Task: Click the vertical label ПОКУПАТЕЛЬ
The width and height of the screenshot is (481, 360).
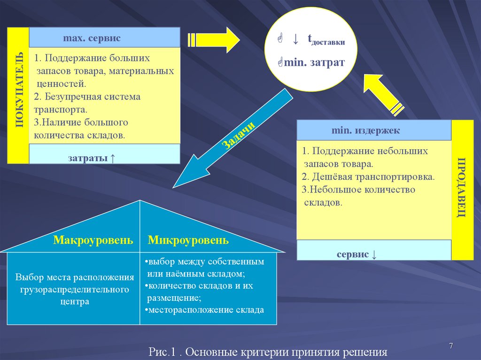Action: tap(18, 95)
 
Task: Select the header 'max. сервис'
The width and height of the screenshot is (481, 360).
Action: tap(92, 37)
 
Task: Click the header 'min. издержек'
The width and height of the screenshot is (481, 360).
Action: tap(365, 130)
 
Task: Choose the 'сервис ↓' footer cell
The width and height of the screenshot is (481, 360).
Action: tap(357, 254)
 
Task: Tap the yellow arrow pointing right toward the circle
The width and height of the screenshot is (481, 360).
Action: tap(214, 39)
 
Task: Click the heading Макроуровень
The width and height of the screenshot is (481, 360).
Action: tap(93, 240)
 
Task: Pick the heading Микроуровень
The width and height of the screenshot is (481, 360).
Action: tap(188, 240)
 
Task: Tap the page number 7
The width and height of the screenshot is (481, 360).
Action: tap(451, 346)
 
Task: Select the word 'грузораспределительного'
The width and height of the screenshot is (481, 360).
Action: tap(75, 290)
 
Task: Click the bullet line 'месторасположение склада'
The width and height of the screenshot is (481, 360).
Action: tap(205, 310)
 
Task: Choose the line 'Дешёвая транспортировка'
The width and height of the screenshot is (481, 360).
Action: tap(369, 177)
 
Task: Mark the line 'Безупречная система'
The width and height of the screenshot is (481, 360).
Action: tap(87, 97)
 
